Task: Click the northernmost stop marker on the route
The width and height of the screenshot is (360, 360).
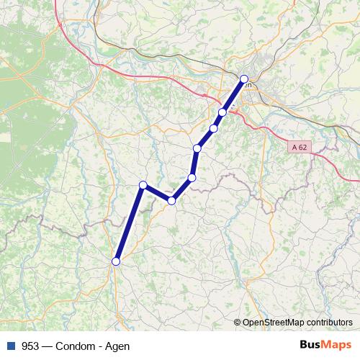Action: (244, 79)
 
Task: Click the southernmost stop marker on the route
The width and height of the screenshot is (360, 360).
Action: (116, 261)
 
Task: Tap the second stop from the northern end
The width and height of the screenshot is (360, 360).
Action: (223, 112)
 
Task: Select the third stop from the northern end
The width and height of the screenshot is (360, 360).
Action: (214, 129)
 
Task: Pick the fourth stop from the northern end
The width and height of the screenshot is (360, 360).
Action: (197, 148)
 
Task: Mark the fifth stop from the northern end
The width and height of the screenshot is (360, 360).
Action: (192, 177)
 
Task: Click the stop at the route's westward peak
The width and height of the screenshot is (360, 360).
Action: (143, 185)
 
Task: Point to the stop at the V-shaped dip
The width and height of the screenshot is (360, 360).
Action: (171, 201)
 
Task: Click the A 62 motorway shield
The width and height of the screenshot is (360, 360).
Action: (300, 146)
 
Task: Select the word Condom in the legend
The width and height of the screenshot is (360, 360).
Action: (74, 346)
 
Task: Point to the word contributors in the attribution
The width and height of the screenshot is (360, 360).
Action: (330, 322)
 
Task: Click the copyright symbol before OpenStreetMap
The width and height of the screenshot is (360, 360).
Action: (238, 322)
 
